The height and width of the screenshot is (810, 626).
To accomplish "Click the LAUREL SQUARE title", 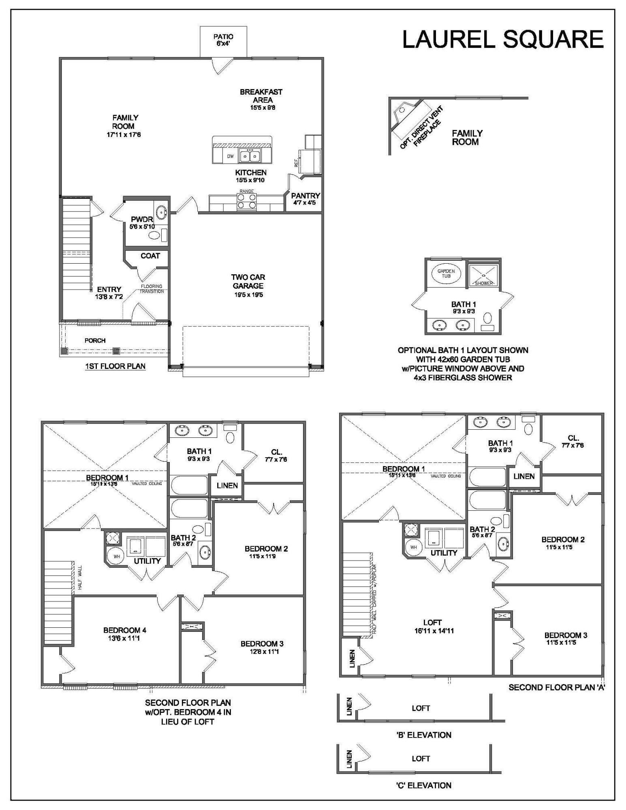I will [502, 39].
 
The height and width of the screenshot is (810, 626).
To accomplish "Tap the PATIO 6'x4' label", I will [223, 40].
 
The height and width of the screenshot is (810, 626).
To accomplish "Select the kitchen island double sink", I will [249, 156].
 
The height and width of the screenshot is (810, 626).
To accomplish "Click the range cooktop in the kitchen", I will [246, 201].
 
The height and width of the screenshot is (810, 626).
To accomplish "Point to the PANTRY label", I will [306, 196].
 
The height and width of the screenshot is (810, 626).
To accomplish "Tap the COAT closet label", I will [150, 256].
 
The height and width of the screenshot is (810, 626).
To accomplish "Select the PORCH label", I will [95, 341].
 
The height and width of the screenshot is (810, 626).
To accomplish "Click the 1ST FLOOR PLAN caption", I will [115, 367].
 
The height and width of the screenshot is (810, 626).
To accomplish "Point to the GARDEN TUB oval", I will [446, 273].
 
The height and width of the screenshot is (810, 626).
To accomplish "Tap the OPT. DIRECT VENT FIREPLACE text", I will [421, 128].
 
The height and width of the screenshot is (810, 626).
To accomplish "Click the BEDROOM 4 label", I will [124, 630].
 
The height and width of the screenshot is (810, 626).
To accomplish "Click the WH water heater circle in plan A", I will [413, 547].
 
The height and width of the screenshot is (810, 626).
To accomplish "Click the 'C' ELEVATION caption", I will [423, 785].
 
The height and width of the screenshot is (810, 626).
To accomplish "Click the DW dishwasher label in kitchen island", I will [230, 156].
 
